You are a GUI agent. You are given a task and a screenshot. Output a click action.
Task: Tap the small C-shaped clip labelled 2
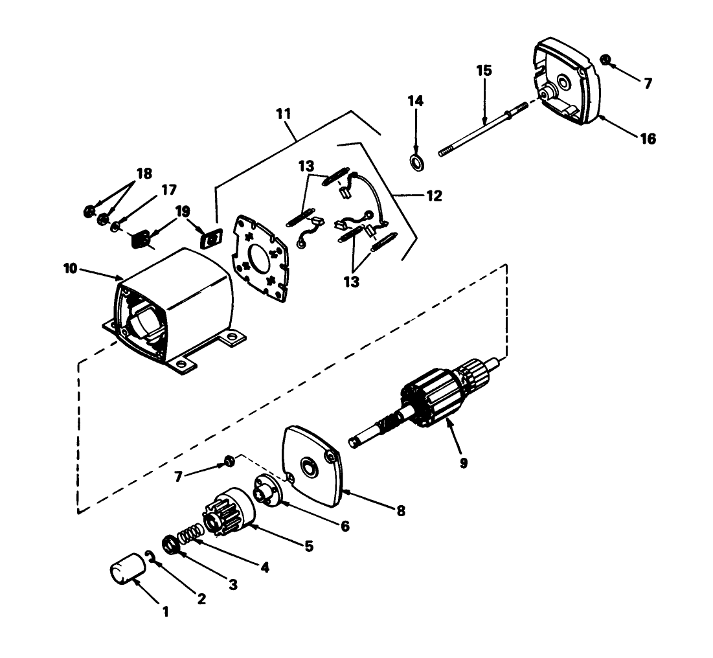point(150,555)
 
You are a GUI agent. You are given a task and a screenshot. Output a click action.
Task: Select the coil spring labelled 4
point(189,534)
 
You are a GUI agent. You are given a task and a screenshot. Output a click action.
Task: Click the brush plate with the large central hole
point(259,256)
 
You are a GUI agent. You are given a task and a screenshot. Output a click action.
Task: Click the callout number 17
point(168,190)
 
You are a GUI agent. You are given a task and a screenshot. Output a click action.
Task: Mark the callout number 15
point(484,71)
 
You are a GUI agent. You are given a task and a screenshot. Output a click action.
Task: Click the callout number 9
point(463,463)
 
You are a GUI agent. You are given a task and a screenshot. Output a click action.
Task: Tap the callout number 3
point(232,585)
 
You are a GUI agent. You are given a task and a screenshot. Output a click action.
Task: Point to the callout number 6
point(345,527)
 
